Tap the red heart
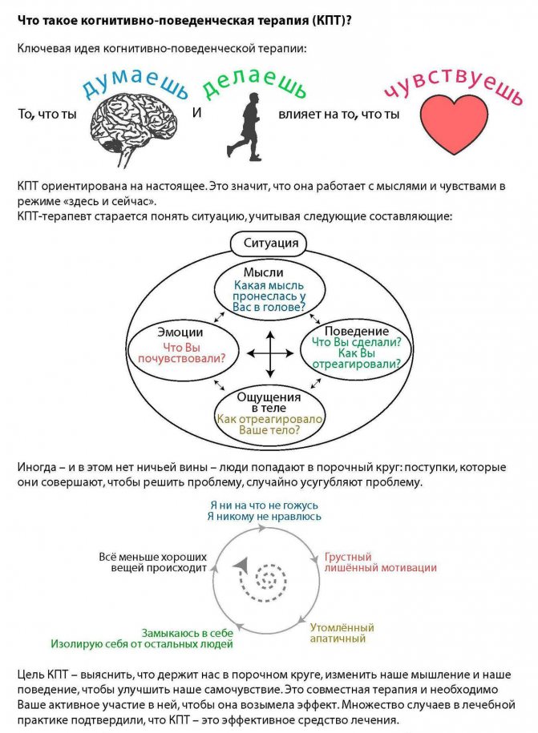[453, 123]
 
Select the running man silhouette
[245, 127]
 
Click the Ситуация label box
[269, 244]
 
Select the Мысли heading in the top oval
[263, 272]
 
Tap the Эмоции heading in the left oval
[180, 332]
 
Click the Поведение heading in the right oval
[357, 331]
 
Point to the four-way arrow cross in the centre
[270, 354]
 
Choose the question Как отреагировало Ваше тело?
[269, 425]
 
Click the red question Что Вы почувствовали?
[181, 353]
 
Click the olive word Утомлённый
[342, 627]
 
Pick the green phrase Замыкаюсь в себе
[187, 633]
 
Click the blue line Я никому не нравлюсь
[265, 517]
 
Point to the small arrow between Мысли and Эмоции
[219, 317]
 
